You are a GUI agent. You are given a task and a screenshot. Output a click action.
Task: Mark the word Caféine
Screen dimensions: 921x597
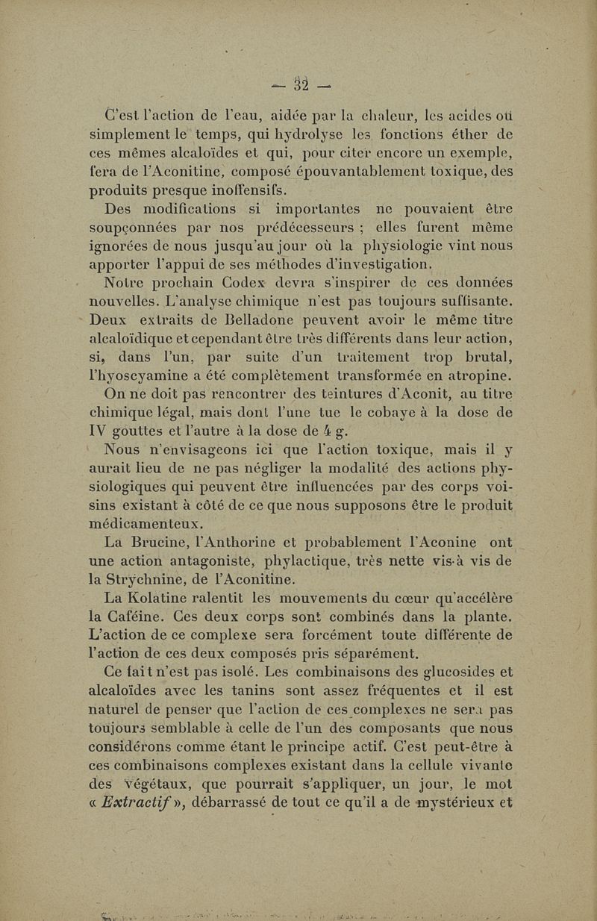146,614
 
